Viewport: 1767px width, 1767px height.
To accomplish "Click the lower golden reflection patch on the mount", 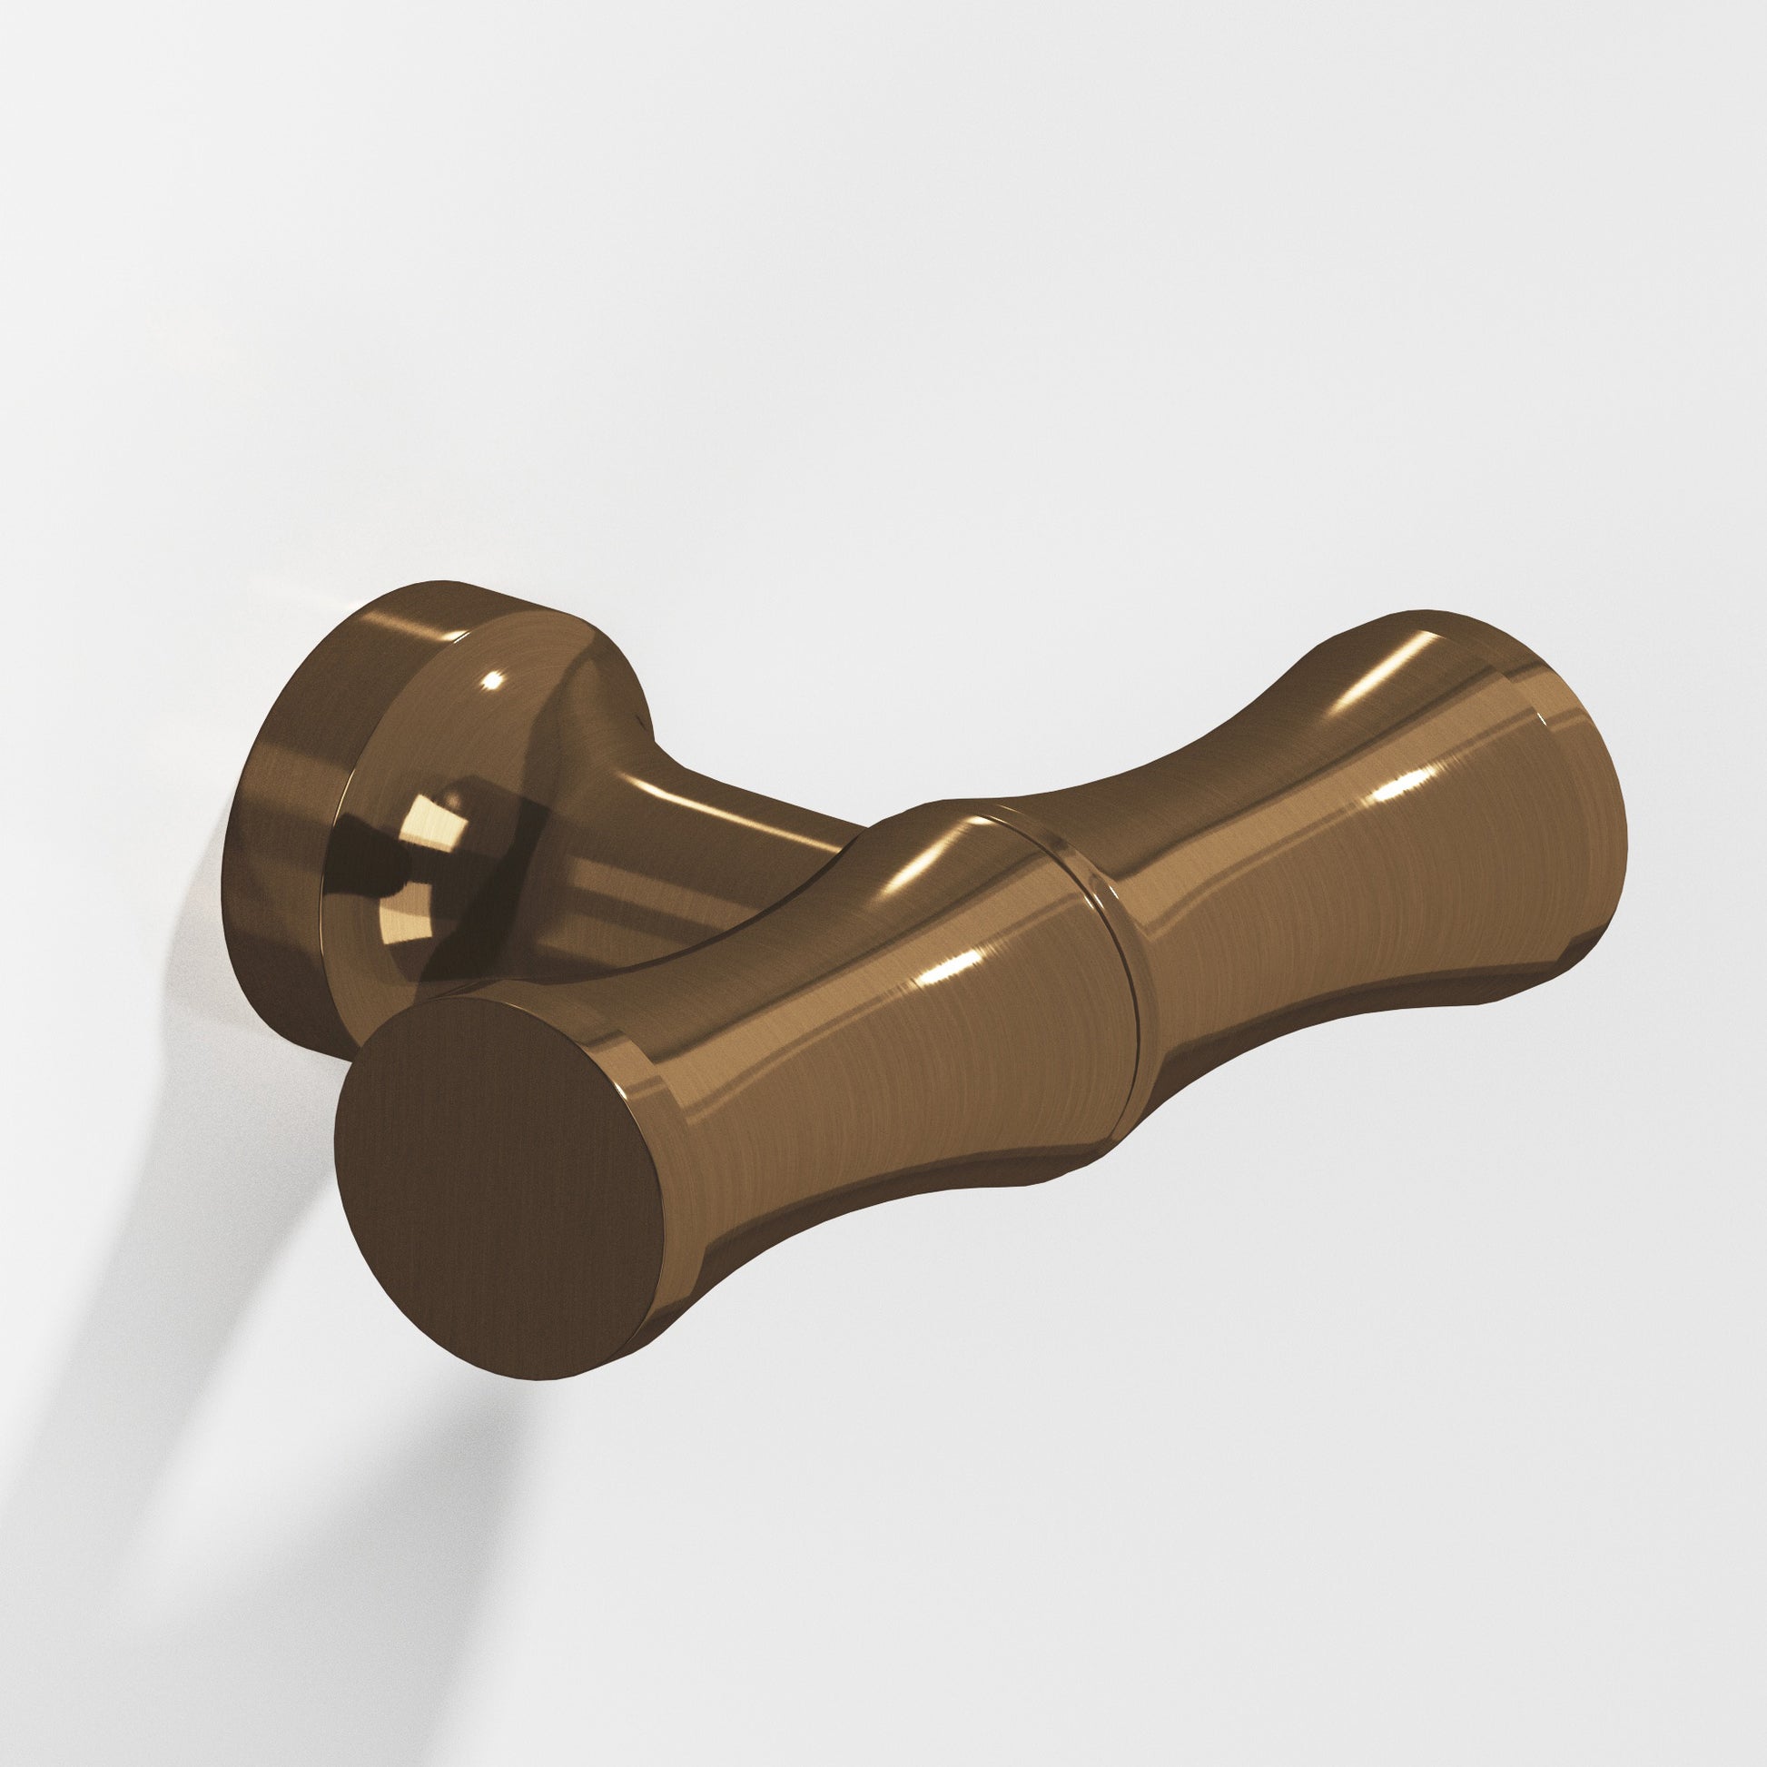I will [x=407, y=952].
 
